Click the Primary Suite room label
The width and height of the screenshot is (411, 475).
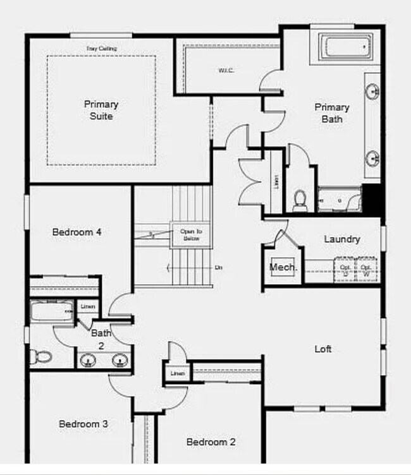[101, 110]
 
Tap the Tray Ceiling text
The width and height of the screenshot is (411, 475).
[101, 49]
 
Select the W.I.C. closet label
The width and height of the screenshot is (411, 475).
[226, 70]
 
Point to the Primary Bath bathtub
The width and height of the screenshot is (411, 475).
[345, 47]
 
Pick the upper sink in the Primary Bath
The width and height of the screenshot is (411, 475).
[373, 90]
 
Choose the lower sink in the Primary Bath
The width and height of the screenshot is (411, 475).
[373, 155]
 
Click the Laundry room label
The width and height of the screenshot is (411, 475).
[342, 239]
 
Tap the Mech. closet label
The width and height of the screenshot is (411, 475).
[283, 267]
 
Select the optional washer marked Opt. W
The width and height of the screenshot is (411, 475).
[366, 270]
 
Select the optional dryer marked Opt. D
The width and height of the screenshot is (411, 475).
[345, 270]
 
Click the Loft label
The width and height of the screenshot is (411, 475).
[323, 349]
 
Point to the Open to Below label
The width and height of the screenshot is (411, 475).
[190, 234]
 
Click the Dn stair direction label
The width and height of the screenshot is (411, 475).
[218, 268]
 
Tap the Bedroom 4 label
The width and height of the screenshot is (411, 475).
[77, 232]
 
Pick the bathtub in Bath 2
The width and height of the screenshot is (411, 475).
[51, 311]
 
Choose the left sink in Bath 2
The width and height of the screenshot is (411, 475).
[89, 361]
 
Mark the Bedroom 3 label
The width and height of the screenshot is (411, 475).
[83, 424]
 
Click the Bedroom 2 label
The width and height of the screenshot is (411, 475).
[211, 442]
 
